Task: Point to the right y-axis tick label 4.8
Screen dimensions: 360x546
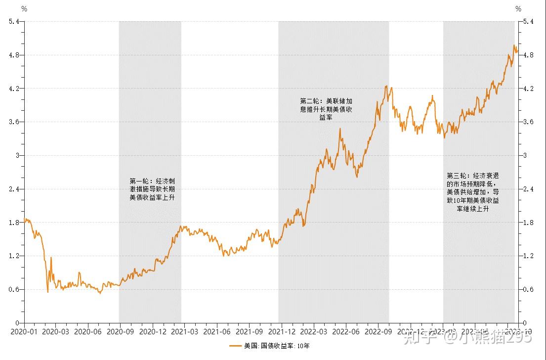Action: click(x=528, y=55)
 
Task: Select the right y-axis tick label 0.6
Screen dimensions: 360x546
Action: click(x=528, y=289)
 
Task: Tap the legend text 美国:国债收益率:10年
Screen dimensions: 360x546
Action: click(x=277, y=346)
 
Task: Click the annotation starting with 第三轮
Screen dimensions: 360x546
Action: click(x=472, y=192)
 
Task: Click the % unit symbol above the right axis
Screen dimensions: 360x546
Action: click(x=518, y=8)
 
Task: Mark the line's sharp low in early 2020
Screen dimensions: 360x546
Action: click(x=48, y=292)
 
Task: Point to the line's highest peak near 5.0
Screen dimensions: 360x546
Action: click(x=514, y=45)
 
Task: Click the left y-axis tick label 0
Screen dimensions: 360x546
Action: click(x=19, y=323)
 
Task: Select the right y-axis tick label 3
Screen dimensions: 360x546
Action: click(x=526, y=155)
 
